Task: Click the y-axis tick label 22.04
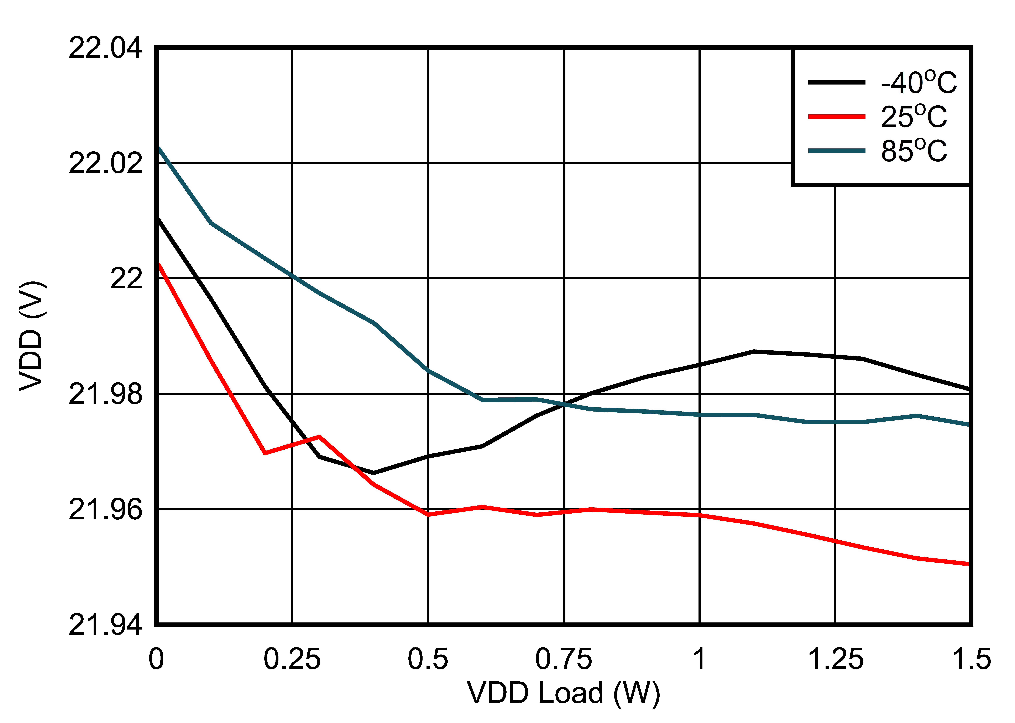[105, 48]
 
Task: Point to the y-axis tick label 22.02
[105, 163]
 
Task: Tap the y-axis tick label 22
[126, 279]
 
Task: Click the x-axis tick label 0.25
[292, 659]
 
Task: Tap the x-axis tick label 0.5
[428, 659]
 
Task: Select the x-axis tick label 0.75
[563, 659]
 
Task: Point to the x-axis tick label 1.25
[835, 659]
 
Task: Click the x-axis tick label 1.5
[970, 659]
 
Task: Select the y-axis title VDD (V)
[32, 336]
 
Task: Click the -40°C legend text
[918, 82]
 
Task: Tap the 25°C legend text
[914, 117]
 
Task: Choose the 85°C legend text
[914, 151]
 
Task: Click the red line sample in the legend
[837, 117]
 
